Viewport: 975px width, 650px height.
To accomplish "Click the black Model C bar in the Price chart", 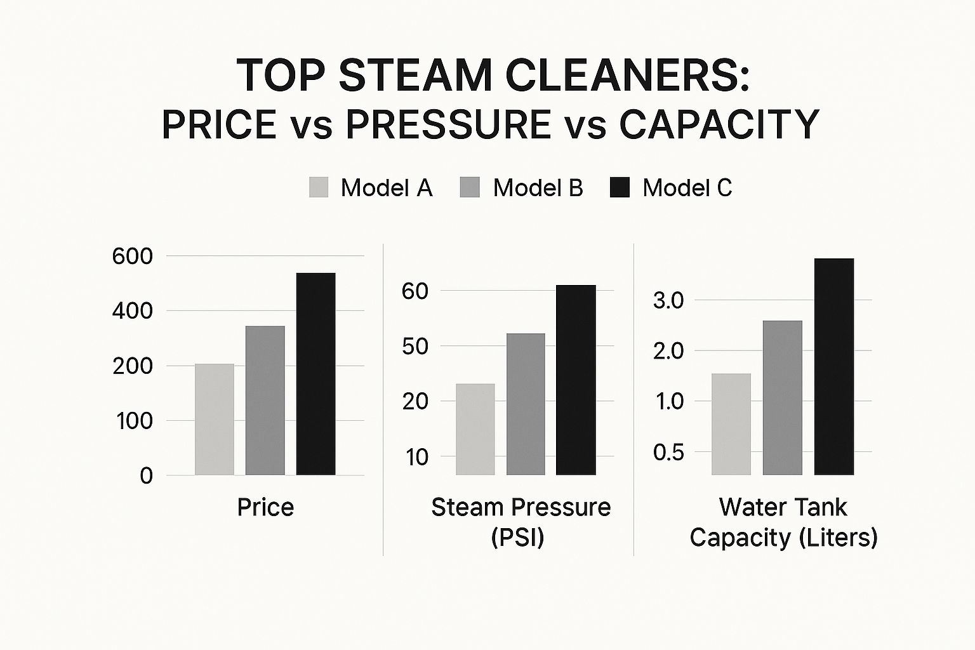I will pos(315,374).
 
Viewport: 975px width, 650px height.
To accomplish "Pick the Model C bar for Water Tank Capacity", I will pos(833,366).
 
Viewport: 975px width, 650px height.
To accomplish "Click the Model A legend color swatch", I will pos(319,187).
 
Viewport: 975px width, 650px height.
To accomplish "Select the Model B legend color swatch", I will pos(470,187).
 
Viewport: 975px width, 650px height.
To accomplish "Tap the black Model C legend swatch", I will pos(620,187).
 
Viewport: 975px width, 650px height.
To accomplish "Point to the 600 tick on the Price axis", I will pos(133,256).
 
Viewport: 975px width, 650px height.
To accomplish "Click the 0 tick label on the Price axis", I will pos(146,475).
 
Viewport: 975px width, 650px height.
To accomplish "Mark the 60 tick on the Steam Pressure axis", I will pos(415,291).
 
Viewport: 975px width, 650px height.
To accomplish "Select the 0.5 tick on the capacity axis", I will pos(669,452).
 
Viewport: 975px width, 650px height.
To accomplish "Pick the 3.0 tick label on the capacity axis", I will pos(669,300).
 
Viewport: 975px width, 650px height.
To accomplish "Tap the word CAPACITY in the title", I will pos(719,124).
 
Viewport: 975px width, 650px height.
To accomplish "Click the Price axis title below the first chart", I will pos(265,507).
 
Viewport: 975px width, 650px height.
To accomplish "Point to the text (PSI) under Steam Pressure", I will pos(517,538).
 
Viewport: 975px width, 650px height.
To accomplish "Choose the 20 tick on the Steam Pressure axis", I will pos(415,401).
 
